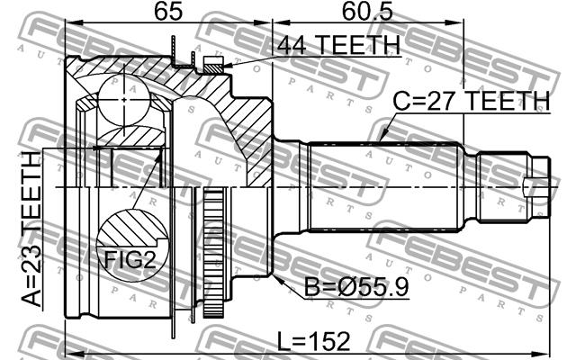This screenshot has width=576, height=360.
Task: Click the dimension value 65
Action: [x=168, y=11]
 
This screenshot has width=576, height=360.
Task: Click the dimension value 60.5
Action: [x=367, y=11]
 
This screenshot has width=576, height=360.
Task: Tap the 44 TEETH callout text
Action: [x=338, y=45]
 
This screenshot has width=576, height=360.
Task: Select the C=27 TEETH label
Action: [x=472, y=101]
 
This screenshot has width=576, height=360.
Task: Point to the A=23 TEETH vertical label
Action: [x=31, y=229]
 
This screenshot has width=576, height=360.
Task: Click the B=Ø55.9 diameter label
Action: [x=356, y=286]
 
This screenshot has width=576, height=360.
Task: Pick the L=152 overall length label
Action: [x=313, y=341]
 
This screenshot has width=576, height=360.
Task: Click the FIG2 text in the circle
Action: [x=130, y=259]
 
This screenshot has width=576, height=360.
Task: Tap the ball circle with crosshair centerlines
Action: [x=124, y=100]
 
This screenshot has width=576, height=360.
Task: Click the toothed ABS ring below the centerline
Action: [x=213, y=254]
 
